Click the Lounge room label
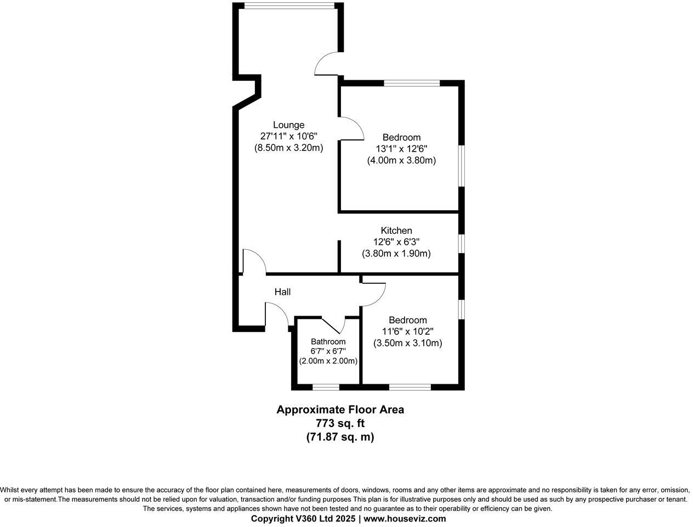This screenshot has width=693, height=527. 288,125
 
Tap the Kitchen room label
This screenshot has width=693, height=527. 396,231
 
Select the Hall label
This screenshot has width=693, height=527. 282,292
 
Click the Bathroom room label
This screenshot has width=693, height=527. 328,341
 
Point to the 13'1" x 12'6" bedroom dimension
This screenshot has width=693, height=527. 401,149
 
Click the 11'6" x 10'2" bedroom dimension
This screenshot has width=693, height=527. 407,332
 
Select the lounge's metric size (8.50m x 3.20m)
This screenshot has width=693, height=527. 288,148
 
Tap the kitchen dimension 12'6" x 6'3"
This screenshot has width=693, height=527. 396,242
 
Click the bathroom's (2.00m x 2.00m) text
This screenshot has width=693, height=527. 328,361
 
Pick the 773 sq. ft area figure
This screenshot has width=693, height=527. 340,423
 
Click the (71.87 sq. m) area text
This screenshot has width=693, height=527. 340,437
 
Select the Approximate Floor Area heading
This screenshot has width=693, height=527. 340,410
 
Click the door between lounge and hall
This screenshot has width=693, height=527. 253,262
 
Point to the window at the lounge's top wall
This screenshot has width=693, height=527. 289,6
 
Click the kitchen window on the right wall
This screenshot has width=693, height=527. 462,243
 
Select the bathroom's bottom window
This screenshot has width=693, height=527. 325,387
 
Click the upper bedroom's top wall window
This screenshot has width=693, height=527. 412,83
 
